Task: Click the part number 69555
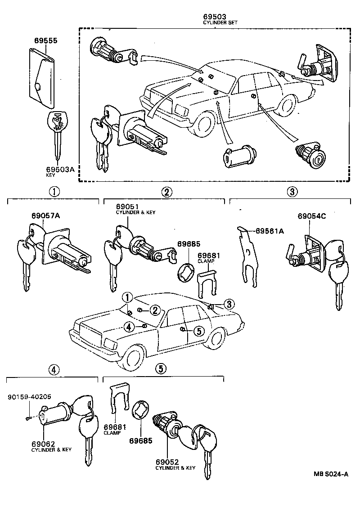pos(46,40)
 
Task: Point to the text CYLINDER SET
pos(220,22)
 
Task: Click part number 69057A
pos(45,216)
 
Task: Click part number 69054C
pos(311,216)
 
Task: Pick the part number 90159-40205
pos(29,396)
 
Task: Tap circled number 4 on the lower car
pos(129,327)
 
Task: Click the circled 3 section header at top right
pos(292,192)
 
